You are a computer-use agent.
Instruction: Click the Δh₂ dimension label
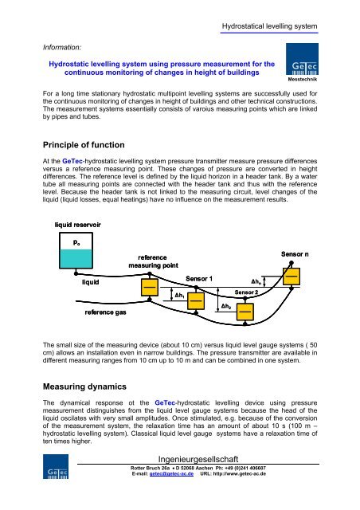click(226, 306)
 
